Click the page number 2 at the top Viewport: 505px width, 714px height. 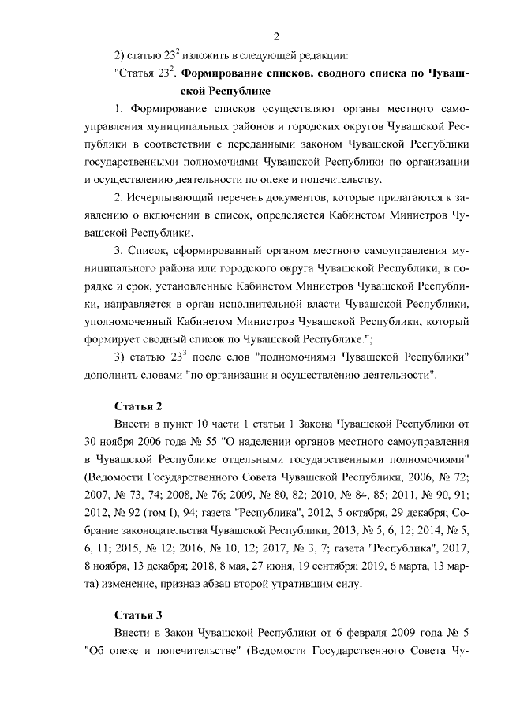[x=276, y=36]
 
